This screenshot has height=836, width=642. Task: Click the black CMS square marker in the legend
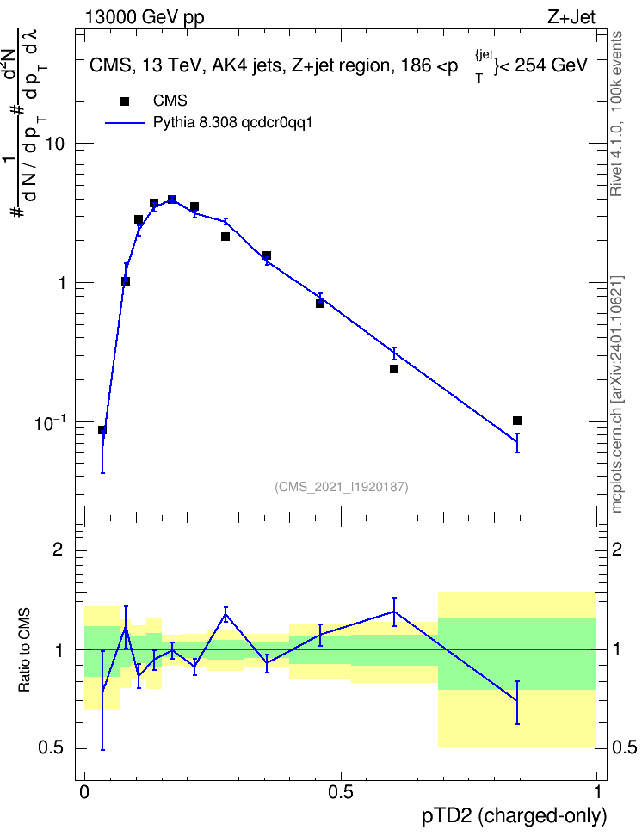click(x=125, y=101)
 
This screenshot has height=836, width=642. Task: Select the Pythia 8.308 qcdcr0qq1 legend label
click(x=232, y=123)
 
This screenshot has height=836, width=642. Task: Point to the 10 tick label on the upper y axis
click(x=54, y=144)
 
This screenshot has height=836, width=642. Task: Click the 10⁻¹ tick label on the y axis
click(x=50, y=422)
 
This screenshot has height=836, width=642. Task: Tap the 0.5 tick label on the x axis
click(x=341, y=792)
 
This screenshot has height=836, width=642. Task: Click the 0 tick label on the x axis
click(x=84, y=792)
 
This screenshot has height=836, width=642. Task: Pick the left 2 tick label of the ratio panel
click(x=59, y=549)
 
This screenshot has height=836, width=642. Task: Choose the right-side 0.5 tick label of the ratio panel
click(x=624, y=748)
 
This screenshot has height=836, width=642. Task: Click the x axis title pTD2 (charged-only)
click(x=515, y=816)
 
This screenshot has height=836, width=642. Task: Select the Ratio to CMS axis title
click(x=25, y=650)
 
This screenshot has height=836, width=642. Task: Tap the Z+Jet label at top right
click(x=571, y=17)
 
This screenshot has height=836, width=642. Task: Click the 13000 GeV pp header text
click(x=145, y=17)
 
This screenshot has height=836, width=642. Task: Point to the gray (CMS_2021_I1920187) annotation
click(x=342, y=487)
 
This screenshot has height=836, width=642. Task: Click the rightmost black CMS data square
click(x=516, y=421)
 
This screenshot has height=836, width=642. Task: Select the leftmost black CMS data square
click(x=102, y=430)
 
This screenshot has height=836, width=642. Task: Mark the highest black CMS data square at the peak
click(x=172, y=200)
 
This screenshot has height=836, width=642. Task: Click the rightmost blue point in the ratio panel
click(x=517, y=700)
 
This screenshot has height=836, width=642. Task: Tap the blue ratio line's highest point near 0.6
click(x=394, y=612)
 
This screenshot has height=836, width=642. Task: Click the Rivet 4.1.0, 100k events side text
click(x=616, y=114)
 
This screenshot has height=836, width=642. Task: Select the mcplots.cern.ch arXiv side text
click(x=616, y=395)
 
